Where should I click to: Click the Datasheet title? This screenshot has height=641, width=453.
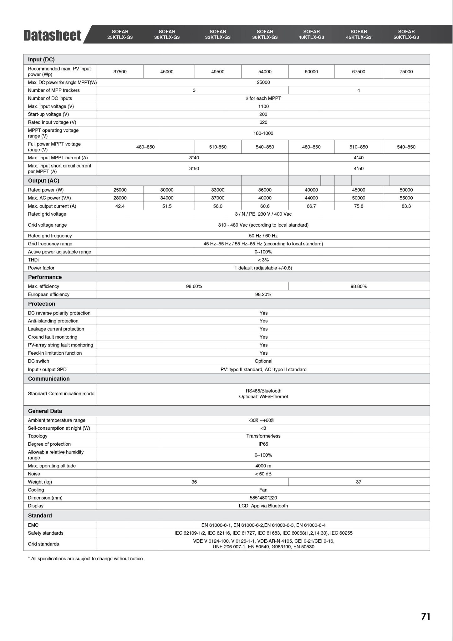click(52, 35)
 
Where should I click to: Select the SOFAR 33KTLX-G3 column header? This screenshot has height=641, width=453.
click(218, 34)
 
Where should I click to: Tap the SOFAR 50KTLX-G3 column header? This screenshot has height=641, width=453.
click(406, 34)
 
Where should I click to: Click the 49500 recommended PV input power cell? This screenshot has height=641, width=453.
click(218, 72)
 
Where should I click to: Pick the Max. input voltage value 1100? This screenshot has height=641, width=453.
click(263, 106)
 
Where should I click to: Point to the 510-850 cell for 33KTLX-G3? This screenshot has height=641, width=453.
click(218, 147)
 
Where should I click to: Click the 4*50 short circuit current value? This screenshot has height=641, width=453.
click(359, 168)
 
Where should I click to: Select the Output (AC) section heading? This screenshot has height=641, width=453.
click(43, 181)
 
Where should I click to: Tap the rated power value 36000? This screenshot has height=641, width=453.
click(265, 190)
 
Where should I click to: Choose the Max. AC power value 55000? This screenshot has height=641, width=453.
click(406, 198)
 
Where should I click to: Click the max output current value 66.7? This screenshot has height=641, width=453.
click(311, 206)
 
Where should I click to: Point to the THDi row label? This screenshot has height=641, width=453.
click(33, 260)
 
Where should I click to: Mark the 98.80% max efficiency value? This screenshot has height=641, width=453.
click(359, 286)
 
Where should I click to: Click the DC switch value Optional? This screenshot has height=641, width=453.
click(263, 361)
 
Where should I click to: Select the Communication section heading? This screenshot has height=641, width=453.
click(49, 379)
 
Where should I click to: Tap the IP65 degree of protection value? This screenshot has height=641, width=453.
click(263, 444)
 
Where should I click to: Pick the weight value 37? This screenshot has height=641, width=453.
click(359, 482)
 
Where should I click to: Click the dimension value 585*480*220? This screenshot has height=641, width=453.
click(263, 498)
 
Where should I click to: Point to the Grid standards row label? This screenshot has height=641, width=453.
click(43, 544)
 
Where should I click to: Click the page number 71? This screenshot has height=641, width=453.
click(426, 617)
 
